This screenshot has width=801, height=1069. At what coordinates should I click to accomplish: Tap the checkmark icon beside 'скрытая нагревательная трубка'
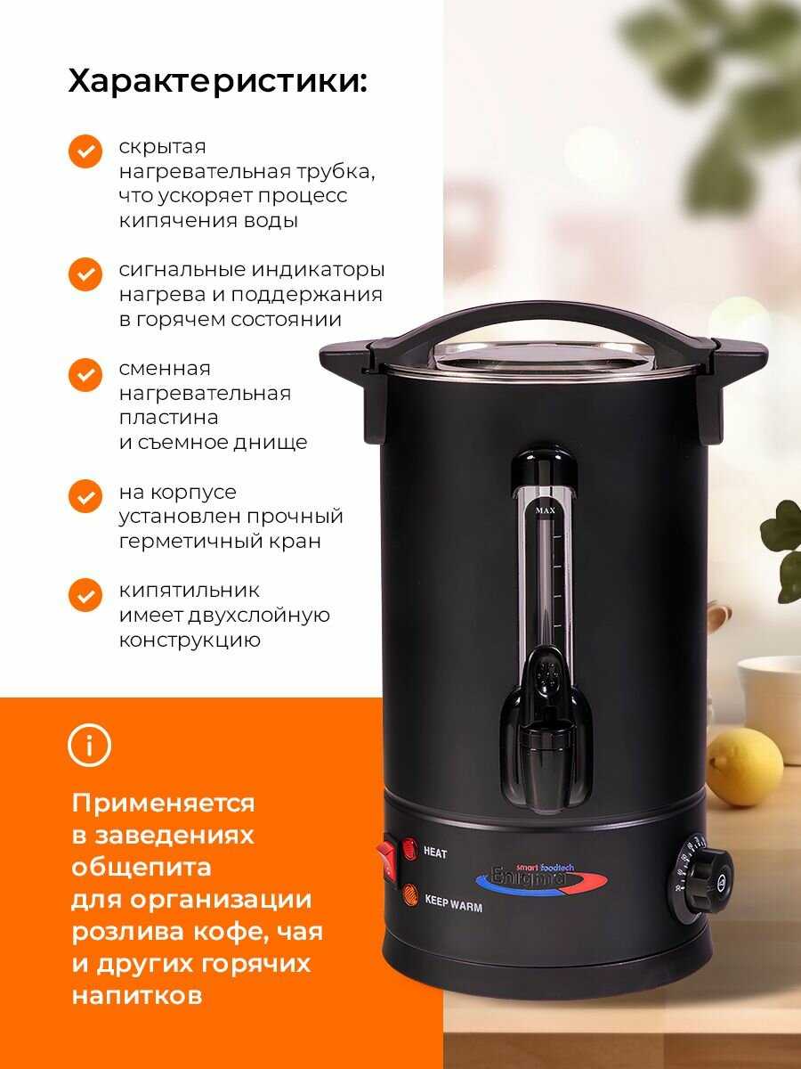pos(85,151)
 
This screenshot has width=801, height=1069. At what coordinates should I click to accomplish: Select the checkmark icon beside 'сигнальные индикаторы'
pos(85,274)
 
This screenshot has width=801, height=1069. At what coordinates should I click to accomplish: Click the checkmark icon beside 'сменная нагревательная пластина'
pos(85,374)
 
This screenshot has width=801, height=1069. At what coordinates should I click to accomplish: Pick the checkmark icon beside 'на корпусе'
pos(85,496)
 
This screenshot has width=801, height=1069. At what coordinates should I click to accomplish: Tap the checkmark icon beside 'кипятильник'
pos(85,595)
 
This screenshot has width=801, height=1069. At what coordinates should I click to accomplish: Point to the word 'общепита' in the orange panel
pos(142,868)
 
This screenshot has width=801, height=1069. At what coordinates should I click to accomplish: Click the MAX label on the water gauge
pos(546,510)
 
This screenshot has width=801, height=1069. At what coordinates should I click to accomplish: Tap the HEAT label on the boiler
pos(435,853)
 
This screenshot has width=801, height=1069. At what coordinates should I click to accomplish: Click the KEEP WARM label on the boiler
pos(454,902)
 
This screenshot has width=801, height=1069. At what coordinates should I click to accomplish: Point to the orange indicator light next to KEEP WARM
pos(410,895)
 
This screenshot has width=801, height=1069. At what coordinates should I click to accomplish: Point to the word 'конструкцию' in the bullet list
pos(190,641)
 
